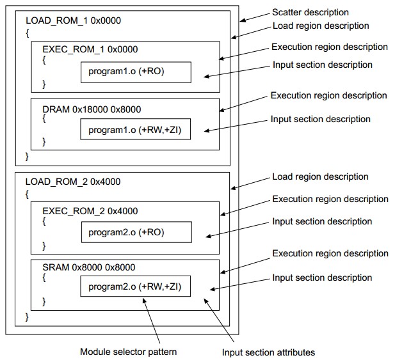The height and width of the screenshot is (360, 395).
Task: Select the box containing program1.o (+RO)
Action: [135, 72]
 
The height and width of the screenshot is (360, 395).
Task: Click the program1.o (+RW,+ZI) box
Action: [135, 130]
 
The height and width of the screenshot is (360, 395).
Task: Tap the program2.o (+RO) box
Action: [135, 232]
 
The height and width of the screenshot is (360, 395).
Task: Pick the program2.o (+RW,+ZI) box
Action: [135, 287]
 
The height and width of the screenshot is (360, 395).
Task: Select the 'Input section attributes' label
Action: [268, 352]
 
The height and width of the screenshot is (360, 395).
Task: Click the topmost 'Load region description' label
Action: [321, 26]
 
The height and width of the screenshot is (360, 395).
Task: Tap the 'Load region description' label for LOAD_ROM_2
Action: [320, 176]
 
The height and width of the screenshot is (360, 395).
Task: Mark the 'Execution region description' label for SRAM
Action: [329, 254]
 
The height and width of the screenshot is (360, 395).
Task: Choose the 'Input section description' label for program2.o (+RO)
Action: [321, 221]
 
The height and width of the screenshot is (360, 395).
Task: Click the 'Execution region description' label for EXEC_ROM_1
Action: [329, 47]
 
